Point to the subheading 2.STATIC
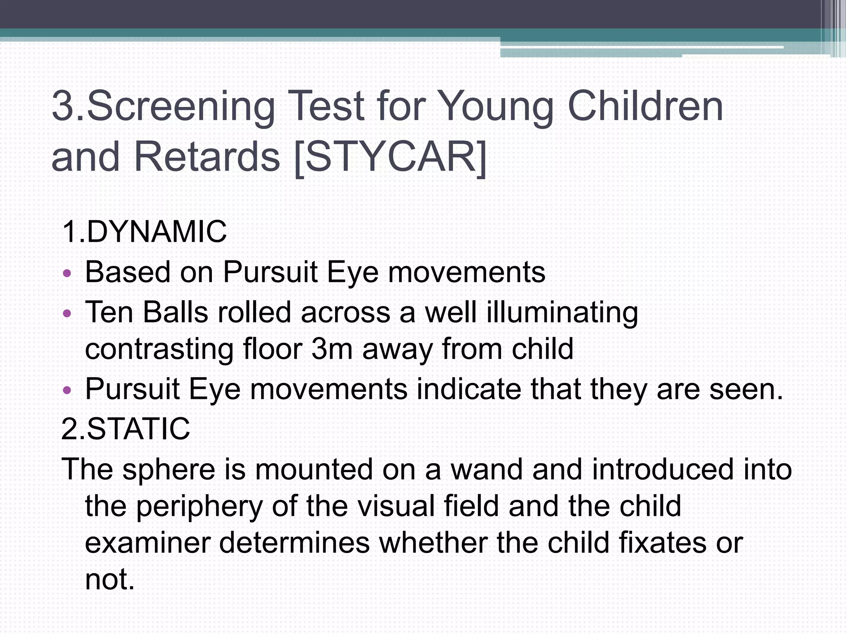pyautogui.click(x=126, y=429)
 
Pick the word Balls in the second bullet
pyautogui.click(x=175, y=312)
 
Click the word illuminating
pyautogui.click(x=562, y=312)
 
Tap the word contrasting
pyautogui.click(x=159, y=349)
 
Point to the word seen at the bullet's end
pyautogui.click(x=746, y=389)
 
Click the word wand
pyautogui.click(x=486, y=469)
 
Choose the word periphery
pyautogui.click(x=199, y=507)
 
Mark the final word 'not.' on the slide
pyautogui.click(x=110, y=579)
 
